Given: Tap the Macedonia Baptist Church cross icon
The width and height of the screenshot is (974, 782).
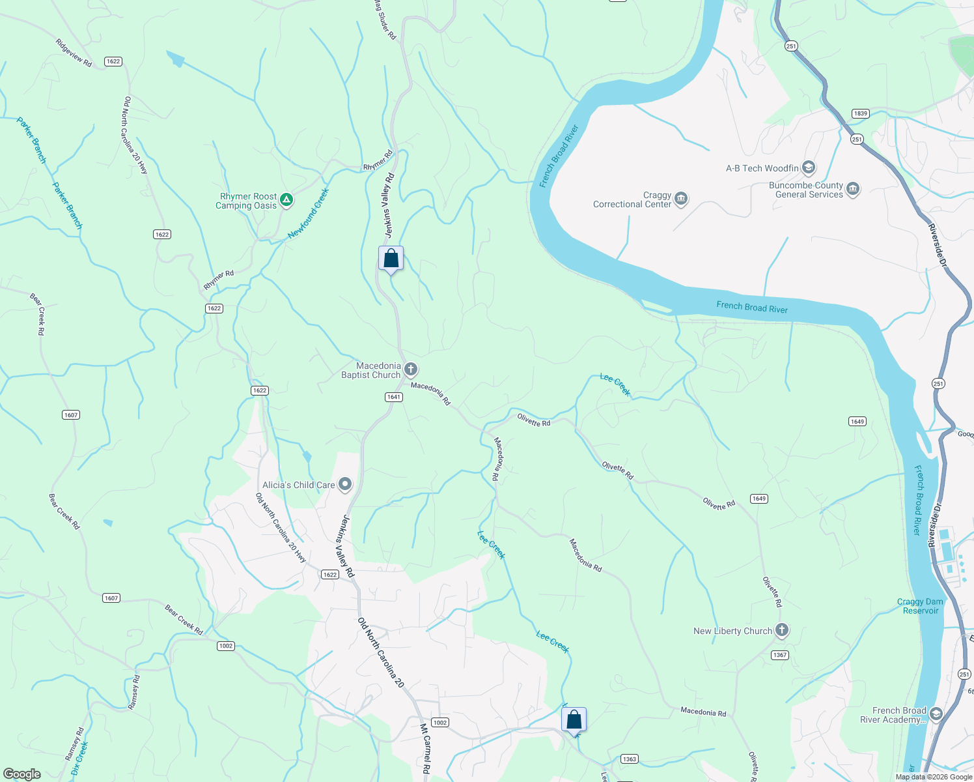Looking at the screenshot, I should (411, 370).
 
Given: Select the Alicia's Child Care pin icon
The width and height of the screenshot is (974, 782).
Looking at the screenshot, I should (345, 484).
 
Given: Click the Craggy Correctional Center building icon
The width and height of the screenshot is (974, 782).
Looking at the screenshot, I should (681, 199).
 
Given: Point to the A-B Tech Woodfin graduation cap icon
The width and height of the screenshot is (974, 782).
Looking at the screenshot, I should (809, 168).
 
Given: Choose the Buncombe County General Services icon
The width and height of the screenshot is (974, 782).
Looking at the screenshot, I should (853, 190).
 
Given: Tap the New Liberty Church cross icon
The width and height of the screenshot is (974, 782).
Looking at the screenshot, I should (782, 630).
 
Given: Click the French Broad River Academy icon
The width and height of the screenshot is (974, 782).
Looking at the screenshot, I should (936, 714).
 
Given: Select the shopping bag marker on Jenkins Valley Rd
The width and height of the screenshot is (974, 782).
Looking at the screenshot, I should (391, 259).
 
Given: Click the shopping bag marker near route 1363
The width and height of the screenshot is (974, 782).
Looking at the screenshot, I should (574, 720).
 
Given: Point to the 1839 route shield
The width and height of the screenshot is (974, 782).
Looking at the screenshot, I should (861, 113).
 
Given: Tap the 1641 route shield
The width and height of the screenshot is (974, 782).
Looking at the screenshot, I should (394, 397).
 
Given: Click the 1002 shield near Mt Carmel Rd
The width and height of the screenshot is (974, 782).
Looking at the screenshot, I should (440, 722).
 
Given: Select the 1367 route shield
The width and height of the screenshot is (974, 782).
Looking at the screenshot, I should (780, 655).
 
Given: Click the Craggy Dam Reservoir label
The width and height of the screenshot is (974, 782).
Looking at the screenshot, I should (920, 606).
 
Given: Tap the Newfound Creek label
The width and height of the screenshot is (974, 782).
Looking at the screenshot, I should (309, 214).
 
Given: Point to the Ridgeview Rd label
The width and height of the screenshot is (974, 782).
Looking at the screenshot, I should (74, 53).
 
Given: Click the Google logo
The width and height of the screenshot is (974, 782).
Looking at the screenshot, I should (22, 774).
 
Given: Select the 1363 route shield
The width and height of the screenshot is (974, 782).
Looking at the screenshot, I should (629, 759).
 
